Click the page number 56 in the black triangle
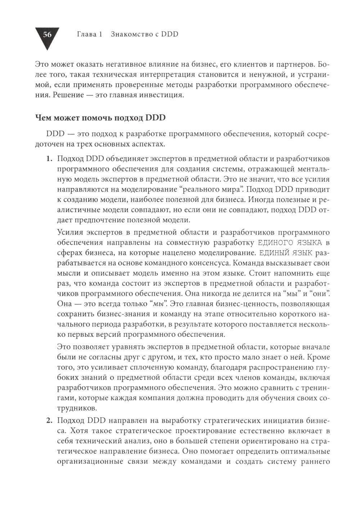[47, 35]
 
